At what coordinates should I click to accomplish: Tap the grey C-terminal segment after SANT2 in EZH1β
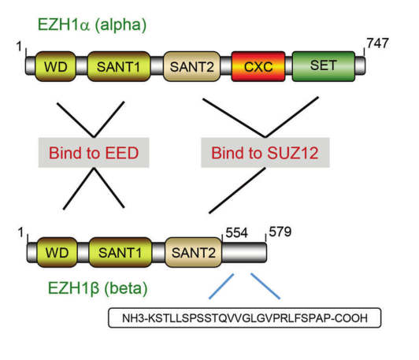pyautogui.click(x=245, y=252)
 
